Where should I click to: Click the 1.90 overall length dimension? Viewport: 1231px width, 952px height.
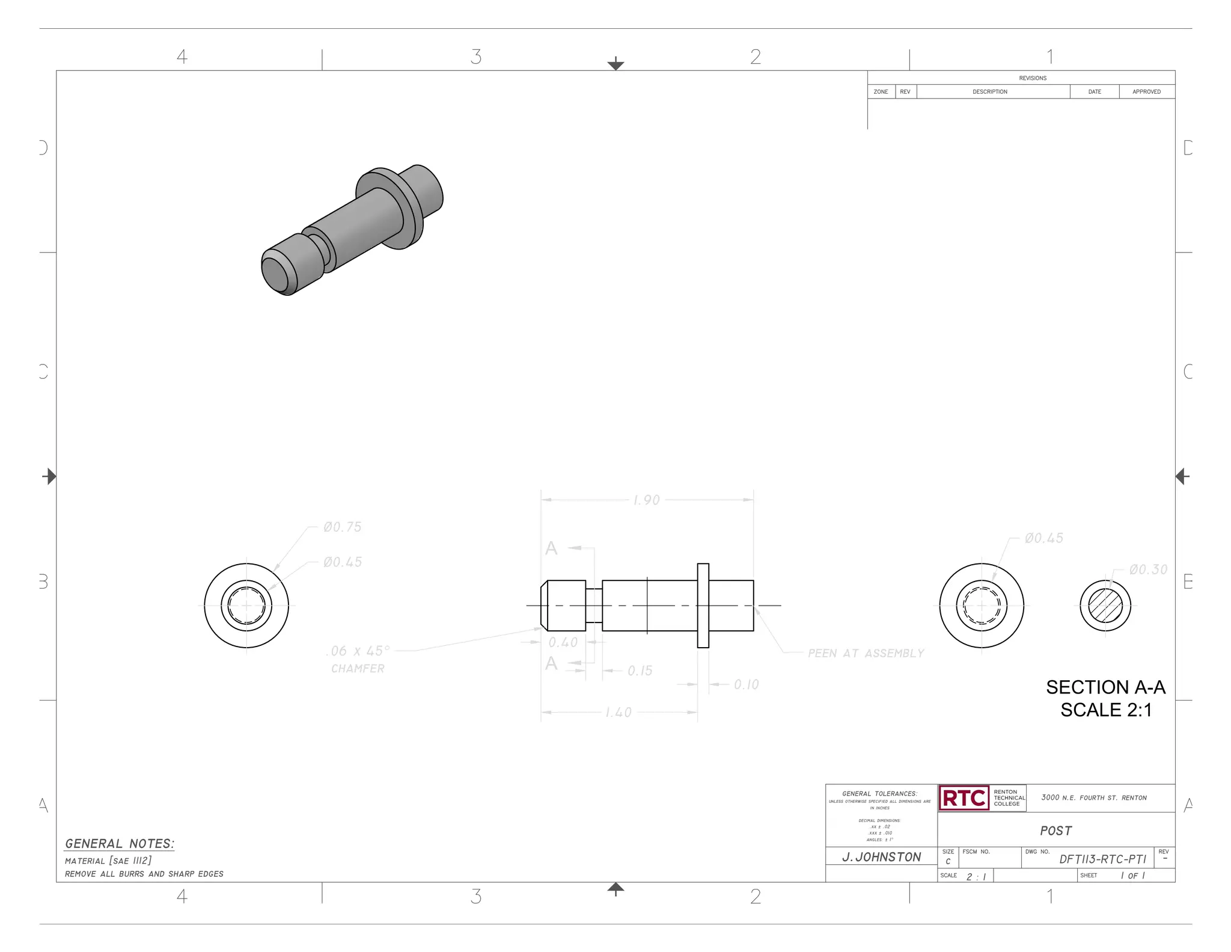(x=646, y=500)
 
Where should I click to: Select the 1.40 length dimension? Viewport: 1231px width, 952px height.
(x=618, y=713)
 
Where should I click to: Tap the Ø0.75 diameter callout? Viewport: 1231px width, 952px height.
(x=342, y=527)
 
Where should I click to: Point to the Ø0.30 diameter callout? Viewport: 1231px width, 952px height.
(x=1148, y=570)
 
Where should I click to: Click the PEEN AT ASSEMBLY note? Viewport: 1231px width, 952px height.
(x=866, y=653)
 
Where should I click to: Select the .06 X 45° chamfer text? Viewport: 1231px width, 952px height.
(x=358, y=651)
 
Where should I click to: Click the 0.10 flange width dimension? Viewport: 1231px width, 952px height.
(x=746, y=684)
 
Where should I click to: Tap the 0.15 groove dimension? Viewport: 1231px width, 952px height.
(x=640, y=671)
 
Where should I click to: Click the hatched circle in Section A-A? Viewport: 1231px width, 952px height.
(x=1105, y=606)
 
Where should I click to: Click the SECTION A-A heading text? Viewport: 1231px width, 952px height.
(x=1105, y=687)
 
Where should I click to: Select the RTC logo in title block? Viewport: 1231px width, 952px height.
(x=964, y=798)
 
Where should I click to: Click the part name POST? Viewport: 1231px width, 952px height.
(x=1055, y=831)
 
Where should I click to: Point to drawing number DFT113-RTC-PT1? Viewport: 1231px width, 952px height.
(x=1102, y=859)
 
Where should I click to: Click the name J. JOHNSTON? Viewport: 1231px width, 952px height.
(x=881, y=857)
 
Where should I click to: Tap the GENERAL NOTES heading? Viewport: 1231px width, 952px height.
(x=120, y=844)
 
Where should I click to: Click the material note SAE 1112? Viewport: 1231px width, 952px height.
(x=108, y=861)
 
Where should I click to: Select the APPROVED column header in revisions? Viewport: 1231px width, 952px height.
(x=1146, y=92)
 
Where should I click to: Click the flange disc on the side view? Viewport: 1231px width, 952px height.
(x=703, y=606)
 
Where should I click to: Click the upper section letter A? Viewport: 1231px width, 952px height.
(x=551, y=548)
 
